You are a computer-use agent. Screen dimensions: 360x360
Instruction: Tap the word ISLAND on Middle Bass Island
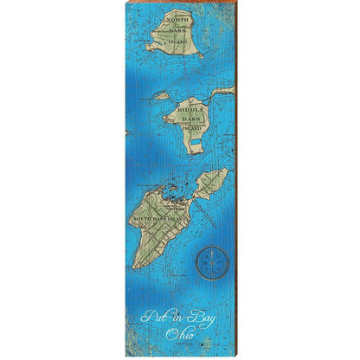coord(192,129)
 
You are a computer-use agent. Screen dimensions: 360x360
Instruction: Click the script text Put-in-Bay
coord(179,313)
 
